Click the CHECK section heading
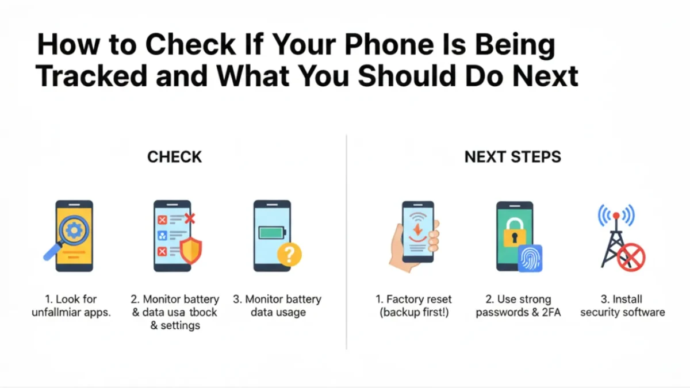tap(174, 157)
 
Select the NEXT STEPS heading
tap(512, 157)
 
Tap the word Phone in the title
tap(389, 45)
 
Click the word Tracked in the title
tap(91, 76)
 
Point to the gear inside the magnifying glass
tap(74, 230)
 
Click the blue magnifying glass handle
tap(52, 252)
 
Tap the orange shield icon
tap(191, 251)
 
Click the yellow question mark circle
tap(289, 254)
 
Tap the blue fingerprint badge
tap(530, 258)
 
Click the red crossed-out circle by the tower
tap(631, 257)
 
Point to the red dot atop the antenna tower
tap(616, 215)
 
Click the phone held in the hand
tap(418, 232)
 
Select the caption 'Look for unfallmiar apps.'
tap(71, 305)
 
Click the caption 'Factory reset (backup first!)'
tap(413, 305)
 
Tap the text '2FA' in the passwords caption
tap(551, 312)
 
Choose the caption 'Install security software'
tap(623, 305)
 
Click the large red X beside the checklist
tap(190, 218)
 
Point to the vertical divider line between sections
tap(347, 242)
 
